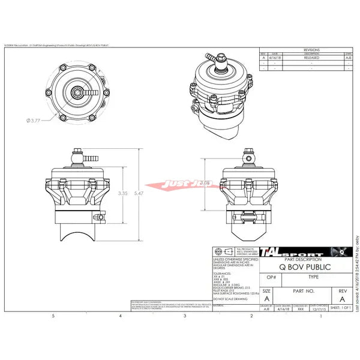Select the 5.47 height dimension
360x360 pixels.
(x=139, y=193)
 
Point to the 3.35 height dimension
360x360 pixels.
(x=122, y=193)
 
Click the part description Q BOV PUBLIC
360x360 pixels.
(x=304, y=263)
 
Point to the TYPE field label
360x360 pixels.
(x=313, y=278)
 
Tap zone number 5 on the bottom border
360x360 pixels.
(x=53, y=316)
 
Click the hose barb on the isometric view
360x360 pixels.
(x=210, y=58)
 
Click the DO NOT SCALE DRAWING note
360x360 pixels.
(x=228, y=298)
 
